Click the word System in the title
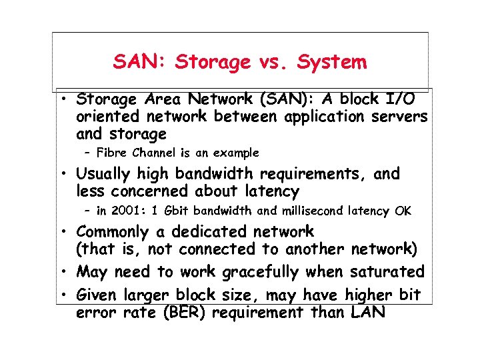click(x=332, y=63)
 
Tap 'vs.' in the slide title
click(x=271, y=63)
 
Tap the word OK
click(x=403, y=211)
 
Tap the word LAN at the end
click(x=367, y=312)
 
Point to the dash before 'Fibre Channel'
click(x=89, y=153)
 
